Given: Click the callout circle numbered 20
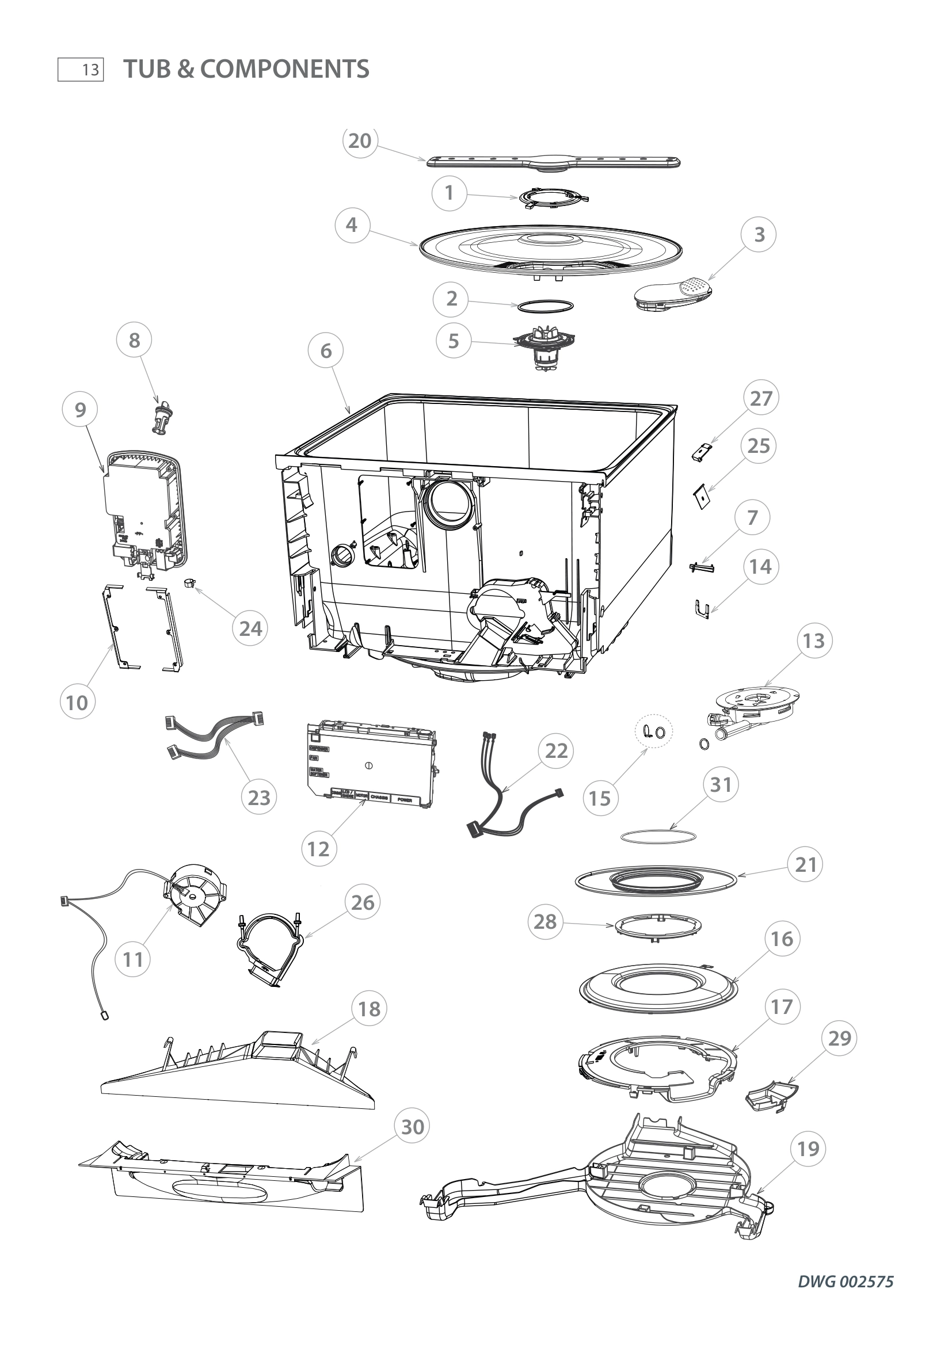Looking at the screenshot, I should point(360,142).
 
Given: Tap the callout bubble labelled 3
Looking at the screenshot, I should point(759,234).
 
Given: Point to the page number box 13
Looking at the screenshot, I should point(81,70).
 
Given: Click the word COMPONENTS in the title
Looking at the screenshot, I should point(285,69).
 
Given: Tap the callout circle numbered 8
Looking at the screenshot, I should point(134,340).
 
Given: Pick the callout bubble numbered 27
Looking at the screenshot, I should point(761,399).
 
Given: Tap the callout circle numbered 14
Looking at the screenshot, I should point(761,566).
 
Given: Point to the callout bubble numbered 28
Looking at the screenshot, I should point(545,921).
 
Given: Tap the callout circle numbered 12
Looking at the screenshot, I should point(319,848).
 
